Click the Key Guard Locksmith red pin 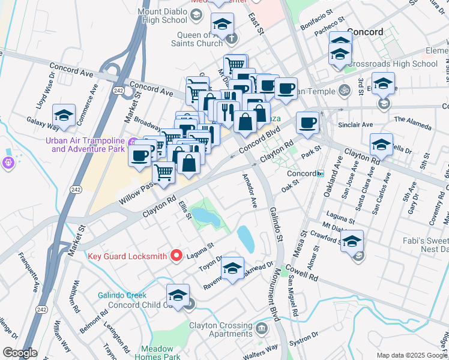coord(176,256)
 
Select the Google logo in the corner coord(20,353)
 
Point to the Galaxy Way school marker coord(64,116)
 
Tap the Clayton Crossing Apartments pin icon coord(262,328)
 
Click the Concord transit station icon coord(321,173)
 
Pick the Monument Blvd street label coord(274,299)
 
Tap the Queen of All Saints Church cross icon coord(232,39)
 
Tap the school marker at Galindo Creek coord(178,296)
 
